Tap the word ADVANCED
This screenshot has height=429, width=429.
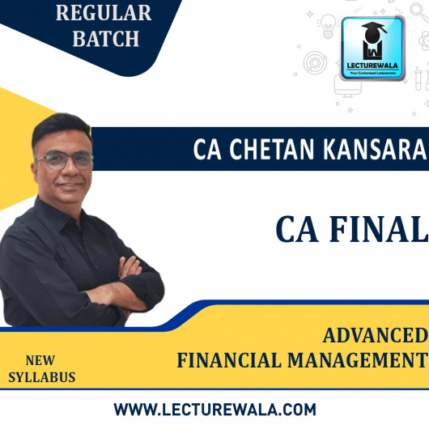376,335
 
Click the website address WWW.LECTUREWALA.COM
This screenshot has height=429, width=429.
214,408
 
